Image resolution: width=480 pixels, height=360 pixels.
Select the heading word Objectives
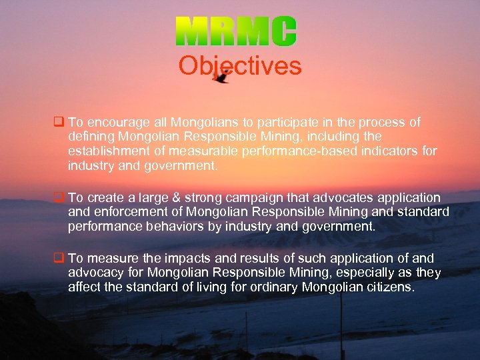240,66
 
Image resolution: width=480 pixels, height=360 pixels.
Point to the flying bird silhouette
221,77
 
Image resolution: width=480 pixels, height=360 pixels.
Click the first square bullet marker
58,123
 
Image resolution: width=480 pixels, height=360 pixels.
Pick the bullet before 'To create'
58,198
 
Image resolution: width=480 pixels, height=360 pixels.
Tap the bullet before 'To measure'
58,258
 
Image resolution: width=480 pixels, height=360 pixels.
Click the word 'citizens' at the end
389,287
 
